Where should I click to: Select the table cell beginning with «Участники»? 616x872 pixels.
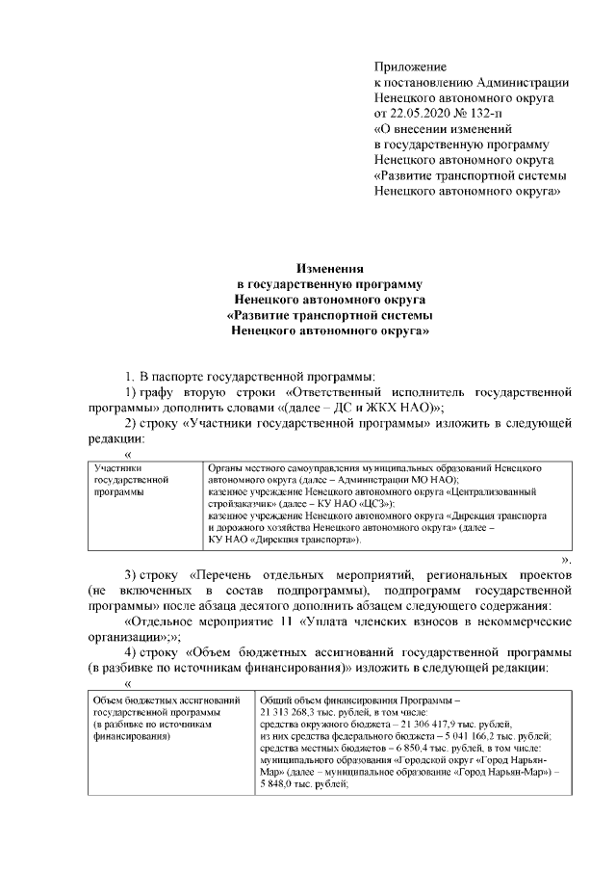(144, 479)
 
